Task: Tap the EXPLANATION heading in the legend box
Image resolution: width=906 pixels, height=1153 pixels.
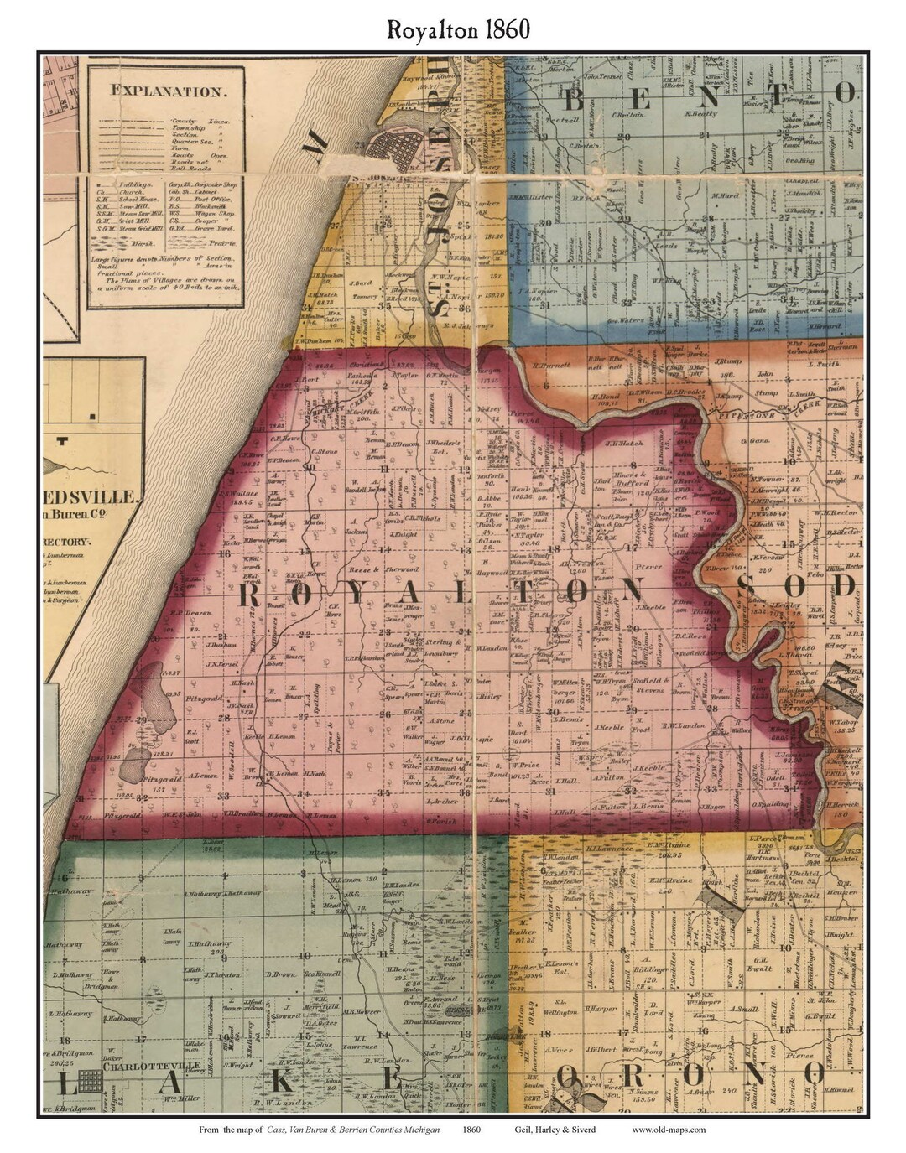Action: click(x=168, y=91)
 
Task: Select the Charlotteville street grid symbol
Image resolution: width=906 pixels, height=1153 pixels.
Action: click(x=86, y=1080)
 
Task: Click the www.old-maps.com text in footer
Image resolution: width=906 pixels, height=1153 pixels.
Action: click(x=669, y=1130)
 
